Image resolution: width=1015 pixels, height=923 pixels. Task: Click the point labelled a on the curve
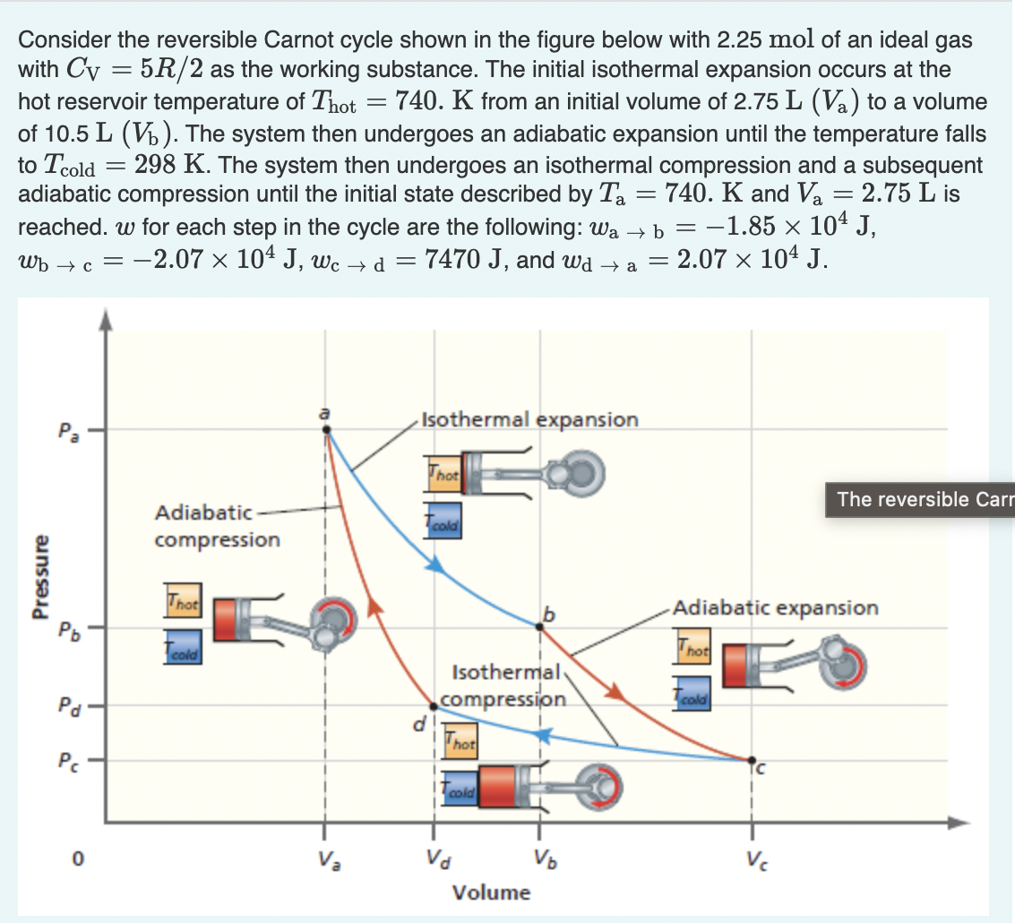click(x=326, y=430)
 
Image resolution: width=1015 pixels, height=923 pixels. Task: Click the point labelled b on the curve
click(x=539, y=626)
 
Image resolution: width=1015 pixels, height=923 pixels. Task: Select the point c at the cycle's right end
click(x=751, y=760)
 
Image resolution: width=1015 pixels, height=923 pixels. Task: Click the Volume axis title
click(x=491, y=893)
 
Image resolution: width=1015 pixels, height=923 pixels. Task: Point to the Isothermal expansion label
click(x=529, y=419)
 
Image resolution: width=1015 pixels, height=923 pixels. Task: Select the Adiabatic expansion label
click(x=775, y=608)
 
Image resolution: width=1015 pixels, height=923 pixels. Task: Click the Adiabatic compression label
click(x=217, y=526)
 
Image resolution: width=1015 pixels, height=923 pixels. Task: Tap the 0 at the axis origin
click(x=78, y=858)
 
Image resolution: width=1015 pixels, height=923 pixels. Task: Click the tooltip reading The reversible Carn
click(x=919, y=499)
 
